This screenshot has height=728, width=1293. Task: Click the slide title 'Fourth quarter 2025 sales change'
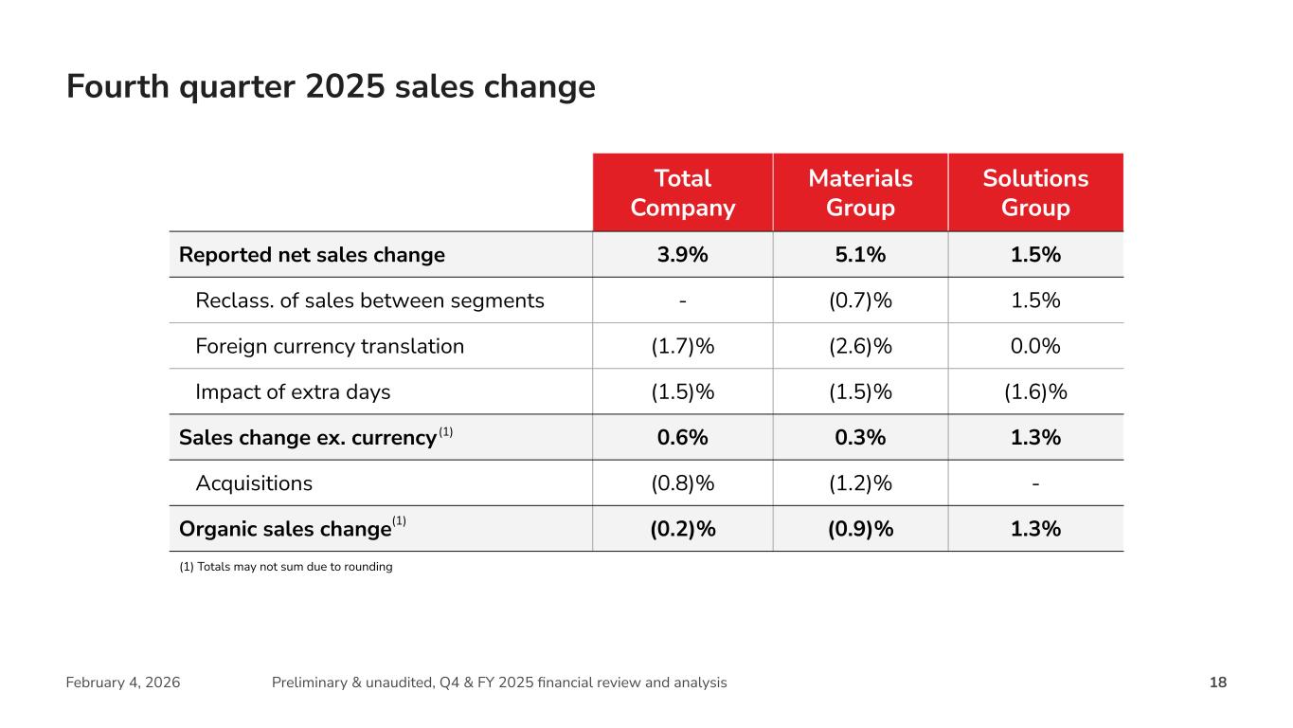tap(331, 86)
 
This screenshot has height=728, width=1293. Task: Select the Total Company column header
tap(682, 192)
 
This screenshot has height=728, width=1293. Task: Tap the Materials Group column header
tap(860, 192)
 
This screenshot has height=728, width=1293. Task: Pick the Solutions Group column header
tap(1035, 192)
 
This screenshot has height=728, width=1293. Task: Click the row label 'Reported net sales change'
tap(312, 255)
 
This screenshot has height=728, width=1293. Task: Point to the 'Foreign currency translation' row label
tap(330, 346)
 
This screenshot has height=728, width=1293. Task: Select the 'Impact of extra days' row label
tap(293, 391)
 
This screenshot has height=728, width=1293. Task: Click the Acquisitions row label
tap(254, 483)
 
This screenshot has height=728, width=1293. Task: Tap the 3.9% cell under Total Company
tap(682, 255)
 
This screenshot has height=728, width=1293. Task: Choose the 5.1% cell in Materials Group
tap(860, 255)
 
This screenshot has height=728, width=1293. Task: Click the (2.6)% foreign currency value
tap(860, 346)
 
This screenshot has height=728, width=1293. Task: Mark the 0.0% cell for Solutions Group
tap(1035, 346)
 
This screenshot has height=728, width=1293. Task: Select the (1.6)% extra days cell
tap(1035, 391)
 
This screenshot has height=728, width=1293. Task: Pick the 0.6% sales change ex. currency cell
tap(682, 437)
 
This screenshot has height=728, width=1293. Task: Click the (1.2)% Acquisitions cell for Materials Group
tap(860, 483)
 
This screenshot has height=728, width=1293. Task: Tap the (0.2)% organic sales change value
tap(682, 529)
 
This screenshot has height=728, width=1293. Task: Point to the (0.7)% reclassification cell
tap(860, 300)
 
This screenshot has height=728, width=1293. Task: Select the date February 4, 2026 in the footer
tap(123, 682)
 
